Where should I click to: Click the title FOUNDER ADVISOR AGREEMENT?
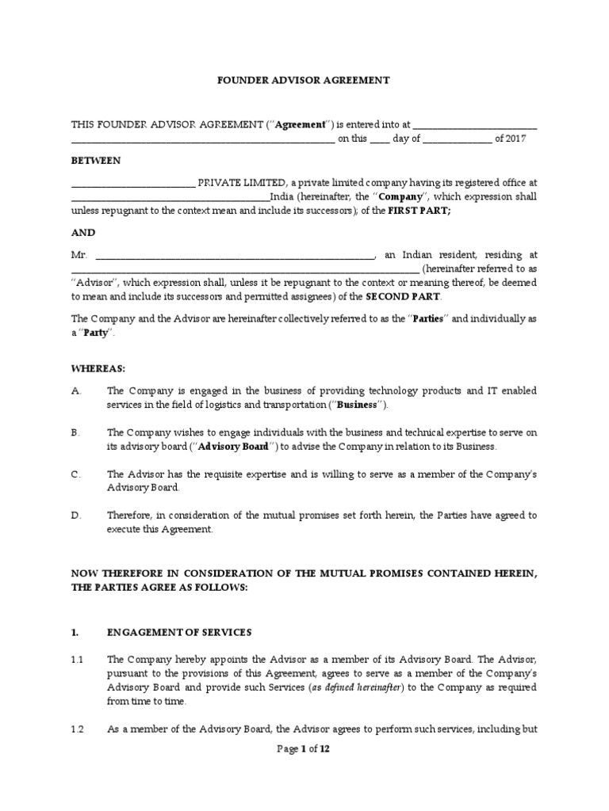coord(304,81)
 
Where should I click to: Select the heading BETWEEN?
coord(95,161)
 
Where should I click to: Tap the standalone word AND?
coord(83,233)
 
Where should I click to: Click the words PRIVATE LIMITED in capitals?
coord(236,183)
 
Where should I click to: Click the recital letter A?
coord(75,391)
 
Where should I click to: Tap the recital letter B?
coord(75,432)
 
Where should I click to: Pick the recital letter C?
coord(75,474)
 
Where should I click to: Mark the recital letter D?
coord(75,515)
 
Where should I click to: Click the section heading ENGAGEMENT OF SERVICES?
coord(179,632)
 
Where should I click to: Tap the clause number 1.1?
coord(78,659)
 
